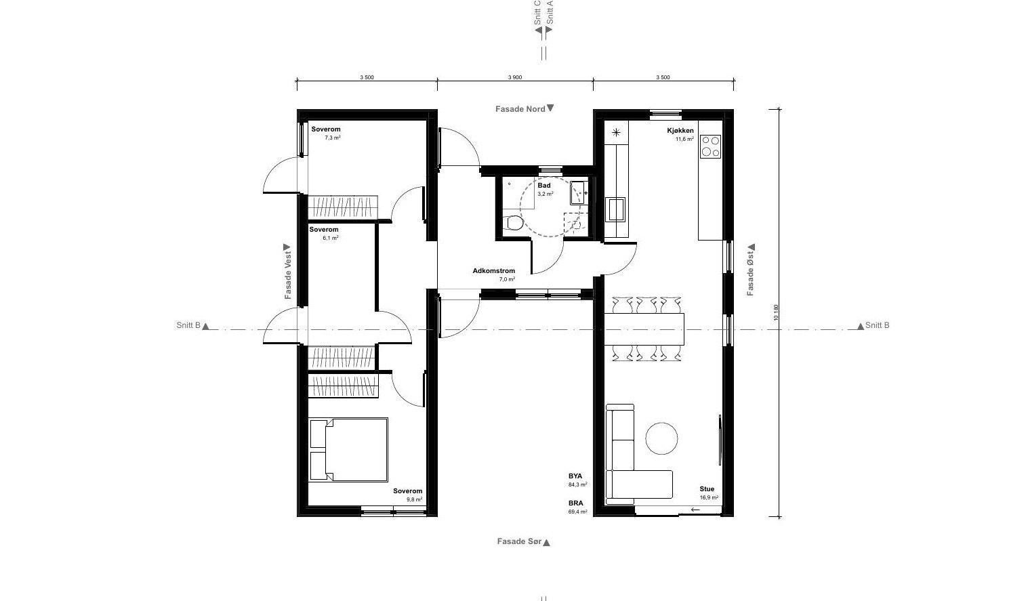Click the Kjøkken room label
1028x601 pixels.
[x=680, y=131]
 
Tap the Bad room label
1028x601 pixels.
[x=544, y=186]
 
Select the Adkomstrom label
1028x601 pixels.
[x=494, y=270]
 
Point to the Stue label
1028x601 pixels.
[x=707, y=489]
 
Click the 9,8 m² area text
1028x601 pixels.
[x=414, y=499]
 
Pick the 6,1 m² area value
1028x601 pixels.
[x=331, y=238]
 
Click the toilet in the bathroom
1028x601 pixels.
[x=512, y=223]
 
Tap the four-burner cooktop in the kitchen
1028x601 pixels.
[x=710, y=146]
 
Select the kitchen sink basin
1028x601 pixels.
[x=615, y=209]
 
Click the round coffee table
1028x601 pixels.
[x=661, y=438]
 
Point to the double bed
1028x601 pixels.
[x=348, y=450]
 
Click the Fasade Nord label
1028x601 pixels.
[x=520, y=109]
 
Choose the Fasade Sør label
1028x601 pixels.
[x=519, y=541]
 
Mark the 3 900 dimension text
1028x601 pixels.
[x=515, y=77]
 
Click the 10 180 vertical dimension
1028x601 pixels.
[x=776, y=312]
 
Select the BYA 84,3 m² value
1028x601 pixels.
[x=578, y=484]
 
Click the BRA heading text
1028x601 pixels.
[x=575, y=503]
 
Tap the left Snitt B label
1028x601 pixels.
[x=188, y=325]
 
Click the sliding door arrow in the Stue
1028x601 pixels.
[x=695, y=510]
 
